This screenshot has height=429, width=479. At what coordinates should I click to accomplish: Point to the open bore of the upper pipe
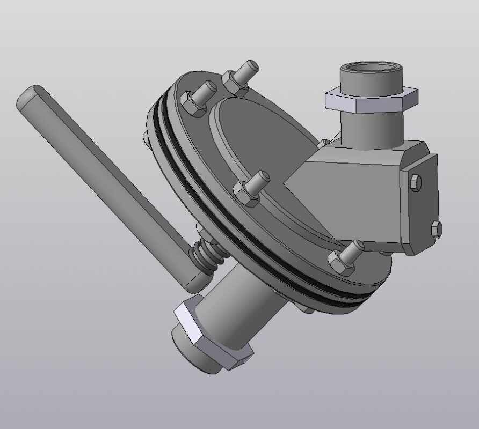[371, 69]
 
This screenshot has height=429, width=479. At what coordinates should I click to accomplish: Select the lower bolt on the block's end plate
[437, 228]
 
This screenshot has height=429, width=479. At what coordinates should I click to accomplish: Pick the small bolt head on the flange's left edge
[147, 138]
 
